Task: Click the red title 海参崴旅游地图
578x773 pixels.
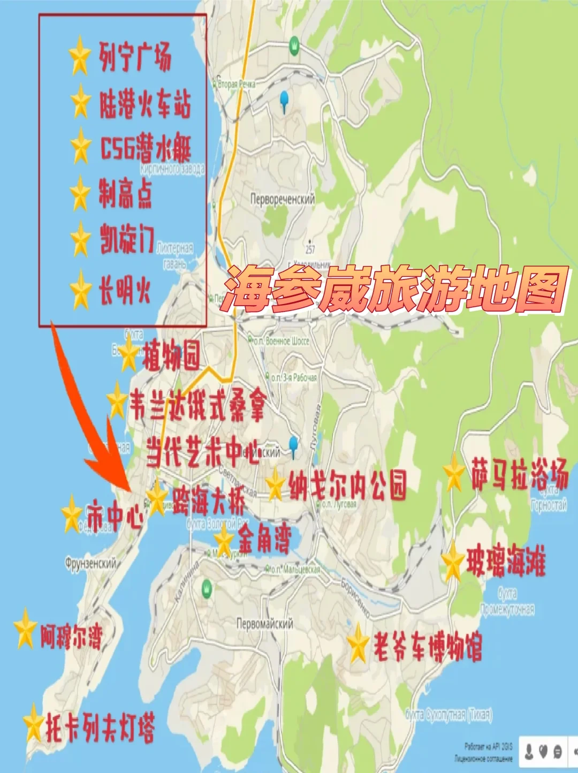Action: (395, 289)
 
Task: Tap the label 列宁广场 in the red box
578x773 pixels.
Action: (135, 57)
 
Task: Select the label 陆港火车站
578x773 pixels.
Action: (144, 103)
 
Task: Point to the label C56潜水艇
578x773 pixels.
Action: (146, 148)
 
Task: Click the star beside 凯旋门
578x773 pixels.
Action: (81, 239)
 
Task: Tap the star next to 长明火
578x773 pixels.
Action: (81, 290)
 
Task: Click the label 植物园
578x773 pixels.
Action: (171, 355)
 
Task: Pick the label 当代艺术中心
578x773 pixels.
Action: (202, 451)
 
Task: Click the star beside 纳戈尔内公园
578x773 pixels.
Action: (275, 485)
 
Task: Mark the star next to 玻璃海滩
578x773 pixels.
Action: (452, 562)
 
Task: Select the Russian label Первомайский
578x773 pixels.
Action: (265, 624)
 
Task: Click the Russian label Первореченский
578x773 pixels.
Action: (282, 199)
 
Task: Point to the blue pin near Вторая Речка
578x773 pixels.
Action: (284, 100)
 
